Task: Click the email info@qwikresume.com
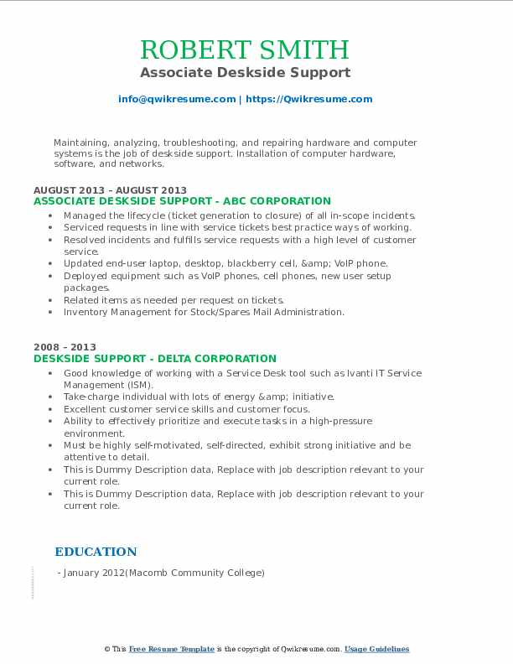(177, 99)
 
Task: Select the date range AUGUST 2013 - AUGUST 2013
(110, 190)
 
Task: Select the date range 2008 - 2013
(65, 347)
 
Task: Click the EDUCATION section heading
(96, 552)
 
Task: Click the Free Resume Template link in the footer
(171, 649)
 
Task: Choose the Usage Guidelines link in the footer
(376, 649)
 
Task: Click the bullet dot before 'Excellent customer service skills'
(52, 409)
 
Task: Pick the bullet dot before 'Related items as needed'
(52, 300)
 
